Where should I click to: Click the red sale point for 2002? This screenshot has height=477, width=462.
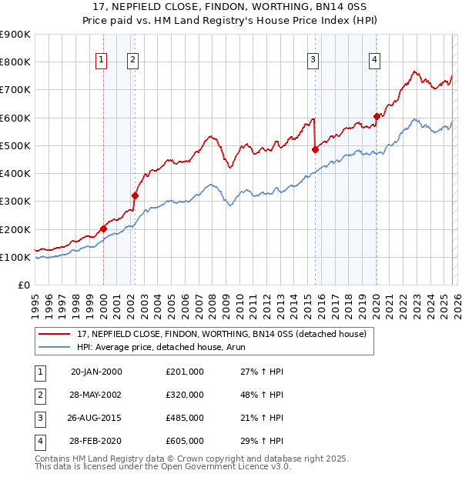135,195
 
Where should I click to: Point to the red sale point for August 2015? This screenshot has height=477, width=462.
315,150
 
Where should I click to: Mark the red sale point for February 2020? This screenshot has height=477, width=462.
377,117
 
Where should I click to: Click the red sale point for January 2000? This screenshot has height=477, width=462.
103,228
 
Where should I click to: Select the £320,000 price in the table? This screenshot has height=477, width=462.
185,394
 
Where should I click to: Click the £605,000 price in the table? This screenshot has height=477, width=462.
185,441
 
